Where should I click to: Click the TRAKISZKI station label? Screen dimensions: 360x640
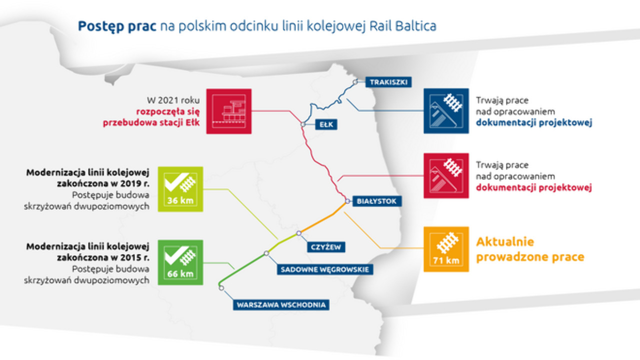388,81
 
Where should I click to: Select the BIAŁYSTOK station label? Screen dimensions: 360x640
377,201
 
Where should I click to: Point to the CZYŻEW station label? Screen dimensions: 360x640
325,246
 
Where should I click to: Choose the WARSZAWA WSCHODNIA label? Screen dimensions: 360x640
281,304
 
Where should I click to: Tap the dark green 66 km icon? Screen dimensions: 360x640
180,262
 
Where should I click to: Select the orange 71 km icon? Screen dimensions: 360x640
446,249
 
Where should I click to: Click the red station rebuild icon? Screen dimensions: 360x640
228,111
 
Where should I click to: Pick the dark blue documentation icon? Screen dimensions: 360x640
446,111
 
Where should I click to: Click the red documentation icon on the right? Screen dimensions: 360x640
446,175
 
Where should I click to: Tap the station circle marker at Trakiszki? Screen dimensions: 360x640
355,81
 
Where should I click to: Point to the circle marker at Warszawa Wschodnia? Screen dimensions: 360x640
220,287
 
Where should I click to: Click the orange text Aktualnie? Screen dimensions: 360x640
505,242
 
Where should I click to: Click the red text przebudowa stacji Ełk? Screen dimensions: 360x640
148,123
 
